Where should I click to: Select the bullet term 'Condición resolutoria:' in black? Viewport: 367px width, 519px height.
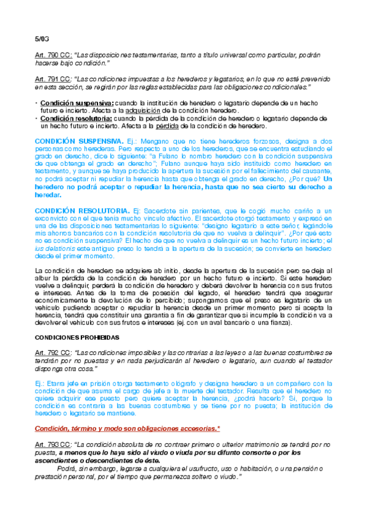click(77, 118)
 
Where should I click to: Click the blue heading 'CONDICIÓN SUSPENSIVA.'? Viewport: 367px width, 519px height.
click(80, 141)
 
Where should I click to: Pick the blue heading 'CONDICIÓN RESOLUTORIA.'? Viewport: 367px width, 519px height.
click(81, 210)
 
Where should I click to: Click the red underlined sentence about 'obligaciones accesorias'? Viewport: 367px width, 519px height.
click(127, 428)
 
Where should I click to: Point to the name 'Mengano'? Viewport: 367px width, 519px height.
click(153, 141)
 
